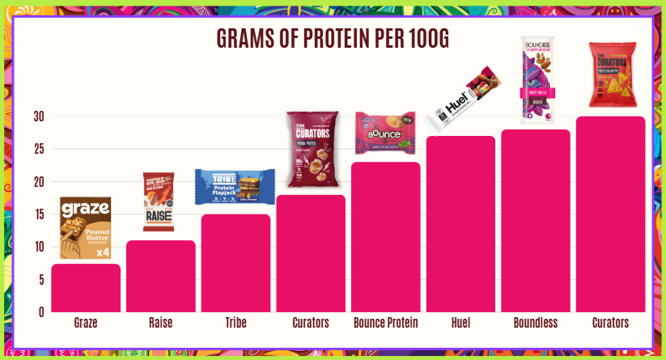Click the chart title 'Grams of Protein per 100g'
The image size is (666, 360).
[x=333, y=39]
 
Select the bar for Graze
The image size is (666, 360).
[x=86, y=288]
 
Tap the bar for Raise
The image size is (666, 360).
[x=160, y=276]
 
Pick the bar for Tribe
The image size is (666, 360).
[x=235, y=263]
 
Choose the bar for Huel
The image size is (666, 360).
[x=460, y=224]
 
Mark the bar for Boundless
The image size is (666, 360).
[x=536, y=221]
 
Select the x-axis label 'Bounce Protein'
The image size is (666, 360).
[x=386, y=323]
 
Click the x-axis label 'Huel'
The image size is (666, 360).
[x=460, y=323]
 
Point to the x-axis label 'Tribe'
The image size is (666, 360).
[x=235, y=323]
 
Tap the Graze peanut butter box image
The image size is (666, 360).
[x=85, y=228]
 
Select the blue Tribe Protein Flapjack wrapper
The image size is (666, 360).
[x=235, y=186]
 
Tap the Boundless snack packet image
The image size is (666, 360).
[x=536, y=79]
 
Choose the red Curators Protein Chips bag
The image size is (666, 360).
[x=611, y=75]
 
